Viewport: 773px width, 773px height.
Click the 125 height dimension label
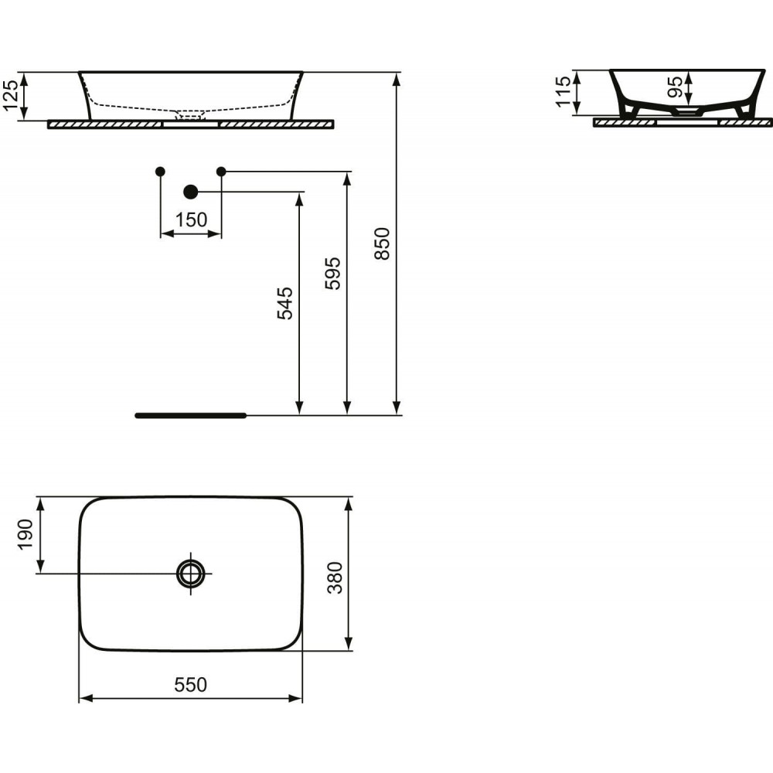[11, 96]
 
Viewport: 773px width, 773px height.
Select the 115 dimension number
[563, 92]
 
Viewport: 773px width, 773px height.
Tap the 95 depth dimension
[676, 87]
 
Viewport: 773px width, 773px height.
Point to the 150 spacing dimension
[191, 220]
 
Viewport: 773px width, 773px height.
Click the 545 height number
[285, 304]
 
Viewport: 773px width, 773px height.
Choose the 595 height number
[332, 274]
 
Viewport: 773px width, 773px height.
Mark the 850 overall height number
[382, 243]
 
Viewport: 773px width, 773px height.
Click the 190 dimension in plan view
[26, 535]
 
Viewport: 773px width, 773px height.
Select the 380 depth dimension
[335, 577]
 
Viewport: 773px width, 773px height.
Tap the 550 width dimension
[191, 685]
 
